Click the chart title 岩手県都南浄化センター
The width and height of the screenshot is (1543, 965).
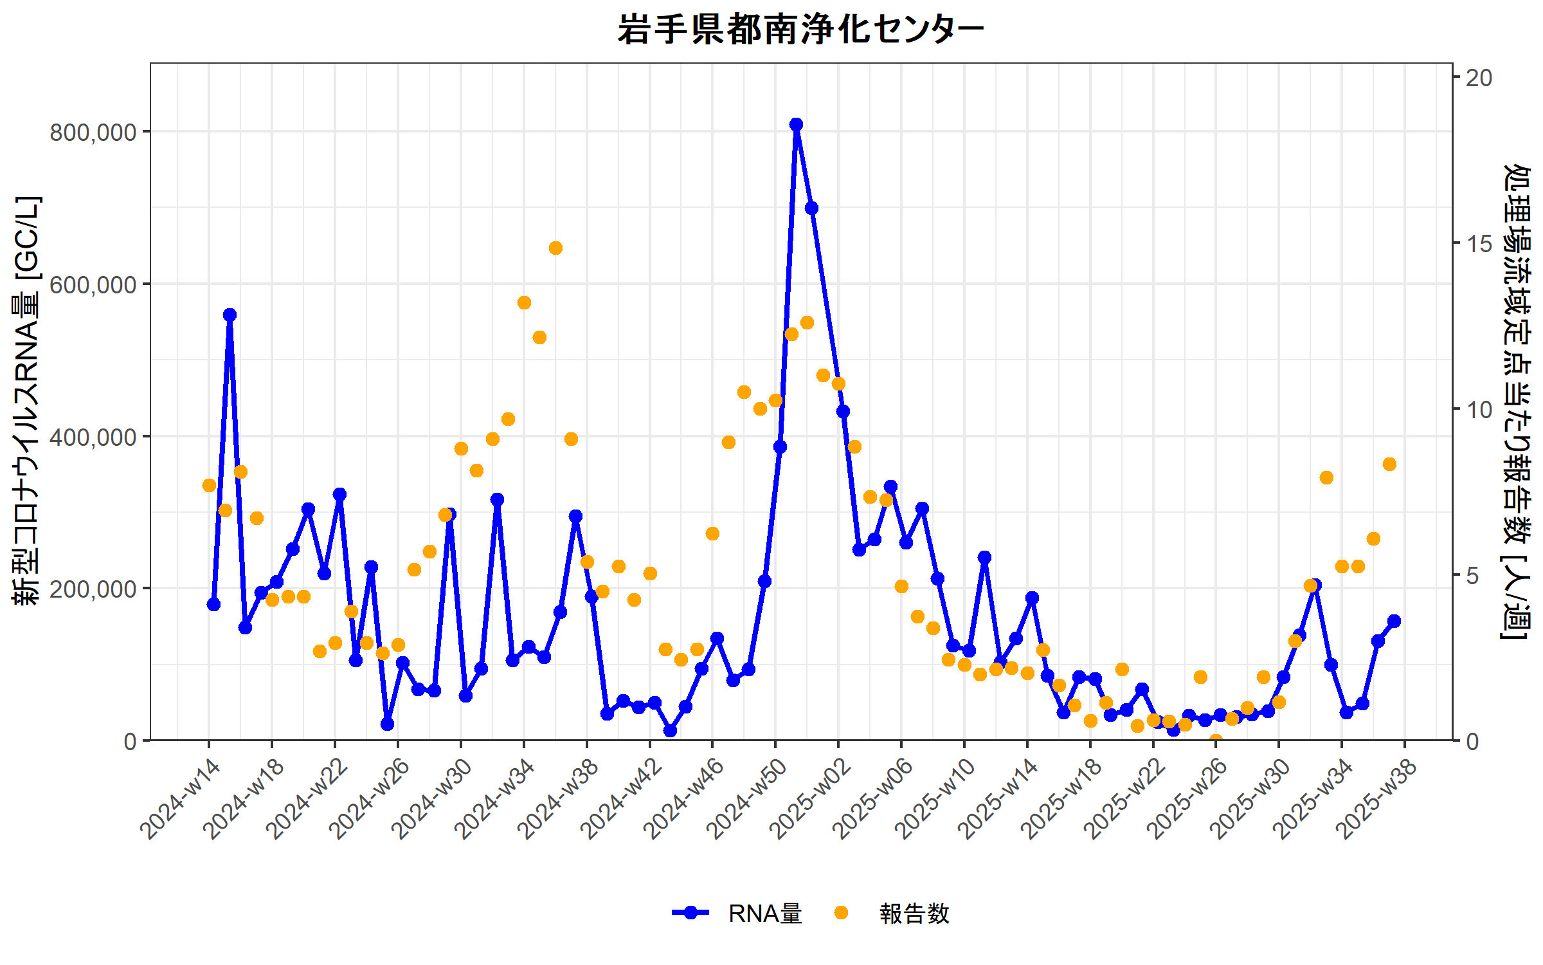click(x=800, y=30)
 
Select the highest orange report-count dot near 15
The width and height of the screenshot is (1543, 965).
click(x=555, y=248)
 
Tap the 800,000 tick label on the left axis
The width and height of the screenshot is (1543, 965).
click(x=93, y=133)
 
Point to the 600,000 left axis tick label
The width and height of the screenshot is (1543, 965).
click(x=93, y=284)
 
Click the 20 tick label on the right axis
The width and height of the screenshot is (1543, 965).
click(x=1479, y=78)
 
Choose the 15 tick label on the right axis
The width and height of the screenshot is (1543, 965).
click(x=1479, y=244)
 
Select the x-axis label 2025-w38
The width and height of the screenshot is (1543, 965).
click(x=1377, y=799)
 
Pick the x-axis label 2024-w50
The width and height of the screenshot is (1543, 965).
click(x=747, y=799)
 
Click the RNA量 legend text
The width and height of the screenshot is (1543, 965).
click(x=765, y=914)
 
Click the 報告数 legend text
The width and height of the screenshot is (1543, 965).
click(x=914, y=914)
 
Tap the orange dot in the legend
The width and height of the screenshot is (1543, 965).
click(x=841, y=913)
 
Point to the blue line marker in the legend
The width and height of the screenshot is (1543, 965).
click(x=690, y=913)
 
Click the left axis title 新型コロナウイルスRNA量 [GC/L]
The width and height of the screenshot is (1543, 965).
click(x=27, y=400)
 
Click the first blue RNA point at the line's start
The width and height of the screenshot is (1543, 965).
click(x=213, y=604)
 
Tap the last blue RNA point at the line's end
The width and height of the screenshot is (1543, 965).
click(x=1394, y=621)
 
